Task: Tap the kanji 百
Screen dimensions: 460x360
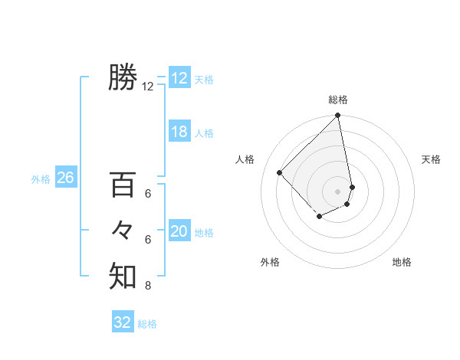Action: coord(123,185)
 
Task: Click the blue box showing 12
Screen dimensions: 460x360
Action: coord(179,78)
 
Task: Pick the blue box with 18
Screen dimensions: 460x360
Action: coord(179,132)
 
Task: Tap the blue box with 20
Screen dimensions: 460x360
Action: coord(179,231)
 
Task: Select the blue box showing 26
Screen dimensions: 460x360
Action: coord(65,178)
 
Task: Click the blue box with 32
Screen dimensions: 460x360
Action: coord(123,322)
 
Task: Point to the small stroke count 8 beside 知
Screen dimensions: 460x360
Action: coord(147,286)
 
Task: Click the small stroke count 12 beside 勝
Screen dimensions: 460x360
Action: coord(148,87)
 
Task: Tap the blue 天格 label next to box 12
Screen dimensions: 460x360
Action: coord(204,80)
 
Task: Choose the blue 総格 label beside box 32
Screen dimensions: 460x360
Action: coord(147,324)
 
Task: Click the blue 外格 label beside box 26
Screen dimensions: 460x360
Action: coord(41,179)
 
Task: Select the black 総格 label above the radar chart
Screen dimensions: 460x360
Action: coord(338,100)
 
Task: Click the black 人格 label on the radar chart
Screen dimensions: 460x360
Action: coord(245,159)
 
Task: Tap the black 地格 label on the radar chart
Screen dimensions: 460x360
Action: coord(402,262)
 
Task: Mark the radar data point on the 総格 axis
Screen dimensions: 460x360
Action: coord(337,116)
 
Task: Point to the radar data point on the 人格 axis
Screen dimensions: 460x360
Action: coord(280,172)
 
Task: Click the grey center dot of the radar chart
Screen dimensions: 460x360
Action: coord(337,191)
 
